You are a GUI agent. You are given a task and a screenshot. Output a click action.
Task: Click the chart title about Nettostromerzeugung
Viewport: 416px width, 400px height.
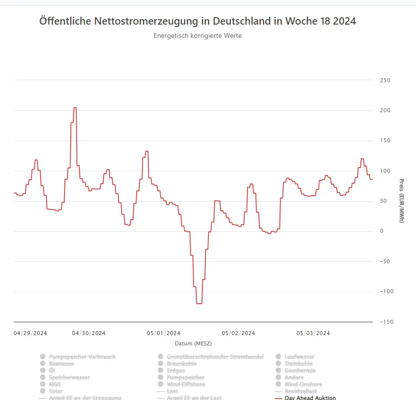pos(197,22)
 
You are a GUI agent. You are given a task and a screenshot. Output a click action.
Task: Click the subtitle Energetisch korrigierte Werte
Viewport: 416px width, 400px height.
pos(197,36)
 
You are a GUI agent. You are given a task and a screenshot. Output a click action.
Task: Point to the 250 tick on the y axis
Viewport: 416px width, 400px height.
pos(385,80)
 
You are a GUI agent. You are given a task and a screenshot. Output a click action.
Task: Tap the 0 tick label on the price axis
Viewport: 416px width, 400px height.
pos(382,231)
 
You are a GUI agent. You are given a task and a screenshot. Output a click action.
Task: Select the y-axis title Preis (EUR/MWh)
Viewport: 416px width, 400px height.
pos(401,201)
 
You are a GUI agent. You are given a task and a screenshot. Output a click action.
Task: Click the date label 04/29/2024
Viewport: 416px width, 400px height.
pos(30,333)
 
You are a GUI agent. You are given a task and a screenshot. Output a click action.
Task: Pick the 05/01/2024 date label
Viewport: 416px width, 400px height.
pos(164,333)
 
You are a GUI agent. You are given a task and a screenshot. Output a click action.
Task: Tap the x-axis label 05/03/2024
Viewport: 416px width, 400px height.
pos(313,333)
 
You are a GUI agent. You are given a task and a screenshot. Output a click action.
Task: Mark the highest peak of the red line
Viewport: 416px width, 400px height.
pos(75,108)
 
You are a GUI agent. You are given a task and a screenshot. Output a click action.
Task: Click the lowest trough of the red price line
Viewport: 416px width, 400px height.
pos(199,304)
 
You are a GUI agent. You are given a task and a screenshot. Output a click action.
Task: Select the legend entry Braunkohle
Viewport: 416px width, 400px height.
pos(182,364)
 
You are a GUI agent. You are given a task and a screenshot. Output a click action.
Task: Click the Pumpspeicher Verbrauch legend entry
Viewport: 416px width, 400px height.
pos(82,357)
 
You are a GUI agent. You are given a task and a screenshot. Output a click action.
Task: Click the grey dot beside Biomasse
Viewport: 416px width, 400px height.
pos(43,364)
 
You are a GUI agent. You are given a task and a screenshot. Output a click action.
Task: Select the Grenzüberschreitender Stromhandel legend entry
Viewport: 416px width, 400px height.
pos(215,357)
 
